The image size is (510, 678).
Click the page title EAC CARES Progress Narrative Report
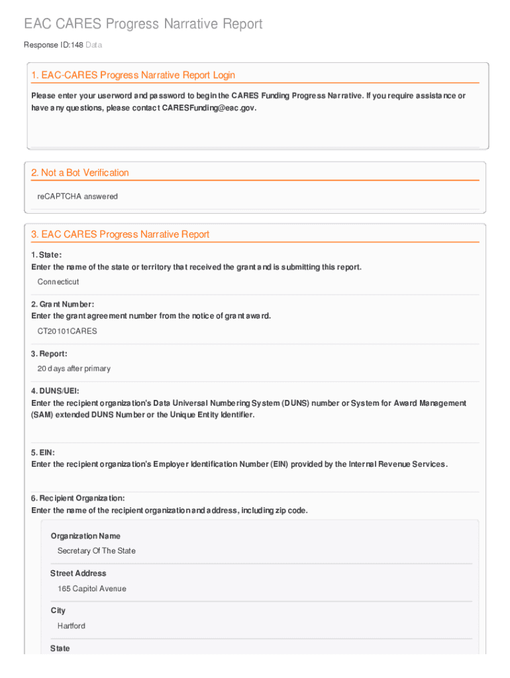tap(143, 24)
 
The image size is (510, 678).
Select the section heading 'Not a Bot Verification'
tap(80, 173)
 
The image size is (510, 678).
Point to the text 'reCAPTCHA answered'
tap(77, 197)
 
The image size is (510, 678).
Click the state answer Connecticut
tap(58, 282)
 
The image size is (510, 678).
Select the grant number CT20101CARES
tap(67, 331)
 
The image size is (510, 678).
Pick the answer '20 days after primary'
tap(74, 369)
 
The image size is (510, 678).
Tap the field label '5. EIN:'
tap(43, 453)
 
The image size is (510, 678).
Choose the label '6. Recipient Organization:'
tap(78, 499)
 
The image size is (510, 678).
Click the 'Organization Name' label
tap(85, 536)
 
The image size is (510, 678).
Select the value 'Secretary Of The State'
tap(97, 551)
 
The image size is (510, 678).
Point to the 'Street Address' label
tap(78, 573)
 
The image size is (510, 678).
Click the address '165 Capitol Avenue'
tap(92, 589)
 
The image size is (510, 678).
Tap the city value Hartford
tap(72, 626)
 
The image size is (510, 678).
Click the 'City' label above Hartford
tap(58, 610)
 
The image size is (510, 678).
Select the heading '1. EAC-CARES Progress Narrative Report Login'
tap(133, 75)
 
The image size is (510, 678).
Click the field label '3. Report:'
tap(49, 354)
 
